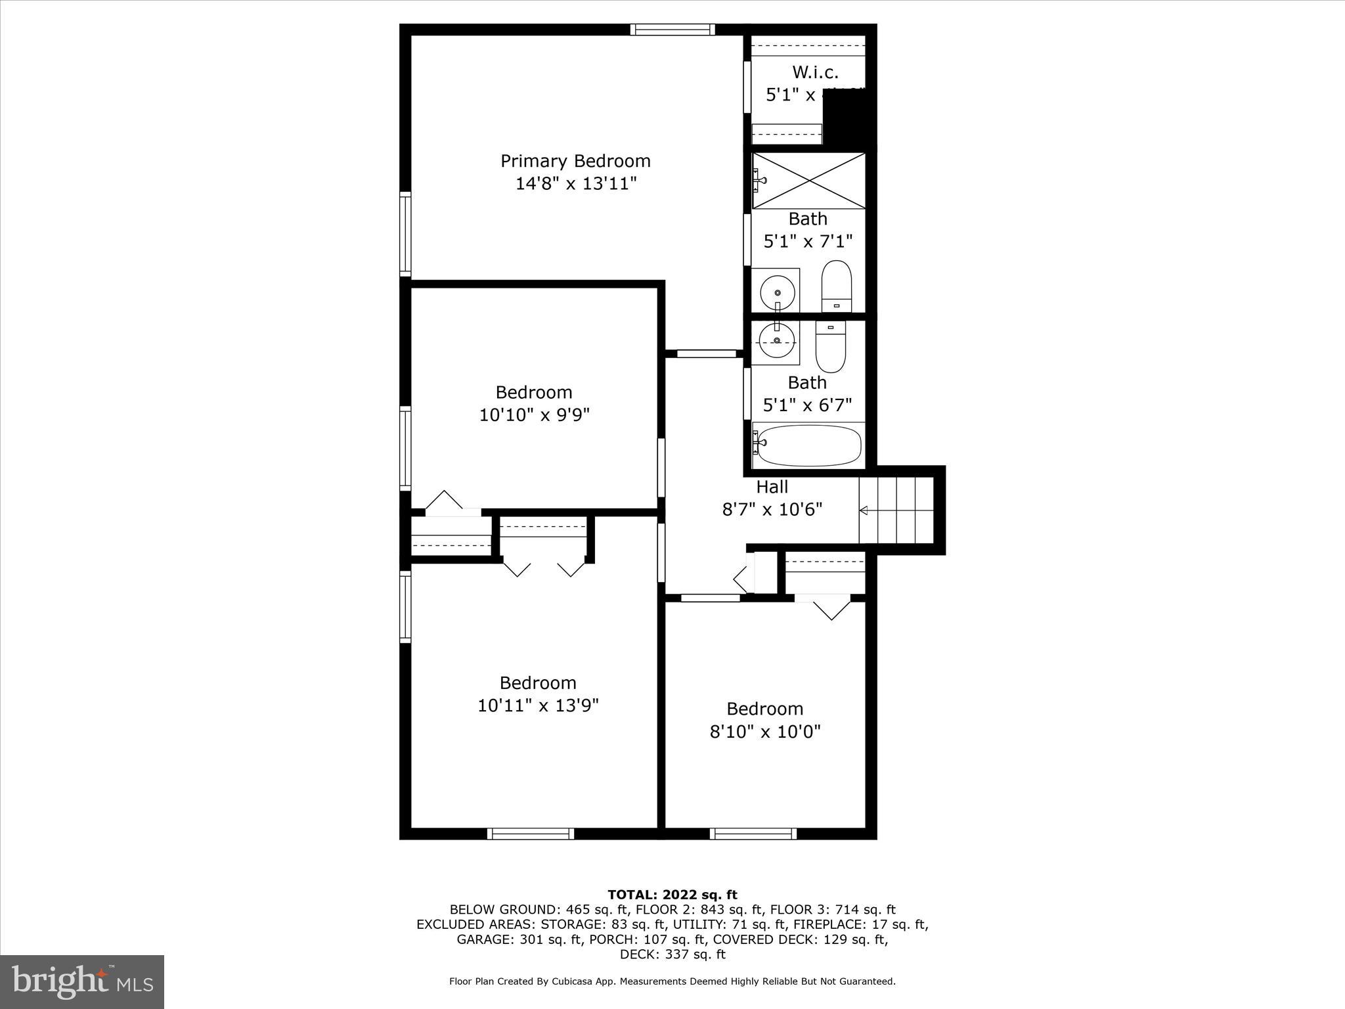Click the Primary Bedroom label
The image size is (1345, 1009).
coord(575,161)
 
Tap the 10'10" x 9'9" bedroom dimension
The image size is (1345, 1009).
coord(535,415)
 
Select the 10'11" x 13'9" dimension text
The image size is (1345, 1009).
coord(538,706)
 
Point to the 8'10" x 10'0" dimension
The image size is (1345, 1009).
coord(765,732)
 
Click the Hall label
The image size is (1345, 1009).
coord(772,487)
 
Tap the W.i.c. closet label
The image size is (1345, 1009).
coord(815,72)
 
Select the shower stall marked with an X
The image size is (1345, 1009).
coord(808,181)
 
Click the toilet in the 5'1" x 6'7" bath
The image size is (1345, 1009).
coord(831,346)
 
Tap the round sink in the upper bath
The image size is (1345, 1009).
coord(777,292)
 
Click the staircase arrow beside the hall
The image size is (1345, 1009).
coord(864,510)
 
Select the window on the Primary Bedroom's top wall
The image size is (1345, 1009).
coord(672,29)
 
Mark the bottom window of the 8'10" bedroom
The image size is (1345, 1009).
coord(753,834)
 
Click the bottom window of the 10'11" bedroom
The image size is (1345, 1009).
coord(531,834)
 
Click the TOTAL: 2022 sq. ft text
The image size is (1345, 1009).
coord(672,895)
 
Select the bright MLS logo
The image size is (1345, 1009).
coord(82,981)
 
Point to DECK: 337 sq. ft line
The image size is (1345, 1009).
coord(672,954)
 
